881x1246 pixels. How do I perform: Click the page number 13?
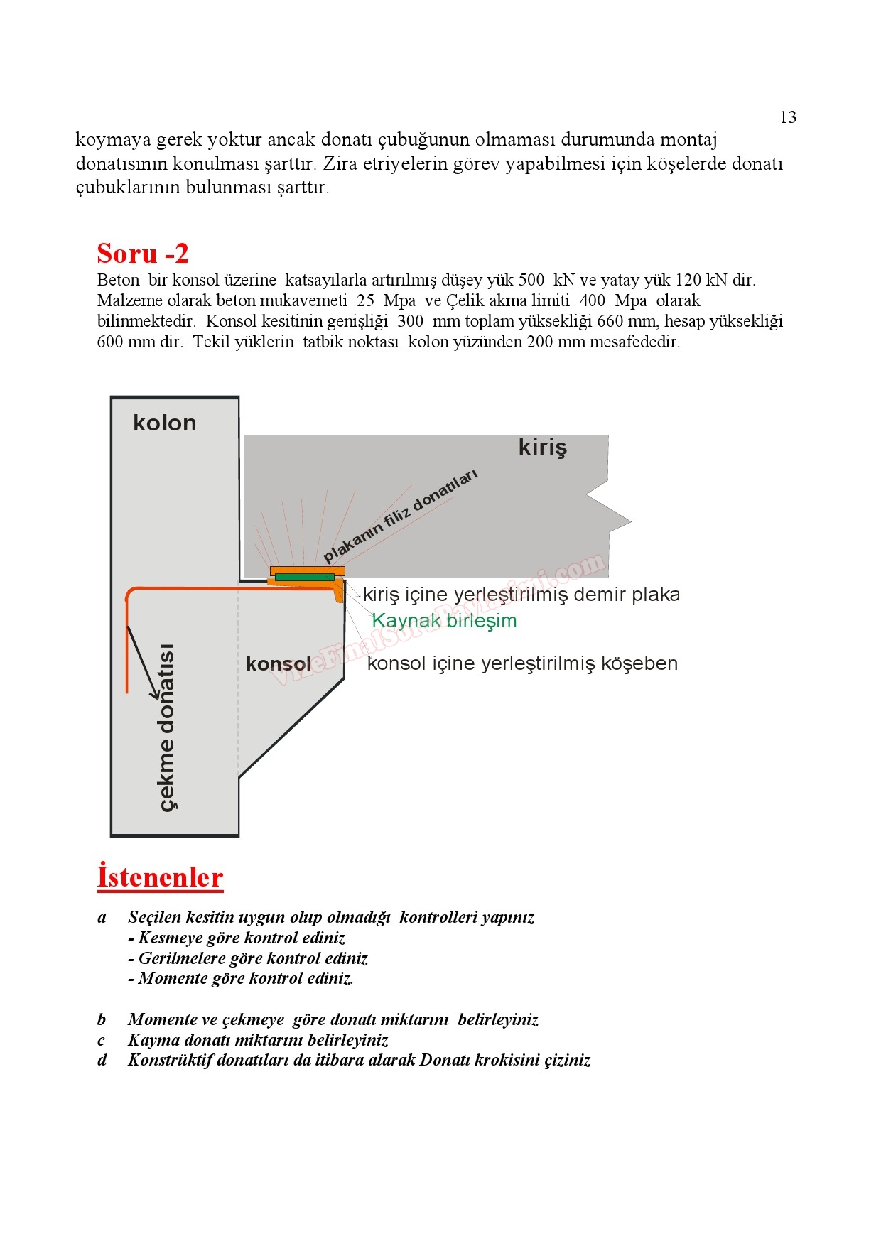click(x=788, y=117)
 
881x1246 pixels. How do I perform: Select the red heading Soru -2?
click(x=143, y=254)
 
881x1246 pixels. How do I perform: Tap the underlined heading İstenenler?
click(x=160, y=877)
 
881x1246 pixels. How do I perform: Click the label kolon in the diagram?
click(x=164, y=423)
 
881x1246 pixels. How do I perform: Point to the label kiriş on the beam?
click(x=543, y=448)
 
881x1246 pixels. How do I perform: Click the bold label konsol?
click(x=279, y=664)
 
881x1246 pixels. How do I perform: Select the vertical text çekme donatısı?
click(x=166, y=727)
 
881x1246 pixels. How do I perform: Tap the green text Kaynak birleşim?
click(x=444, y=621)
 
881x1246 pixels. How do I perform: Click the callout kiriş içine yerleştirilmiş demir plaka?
click(x=521, y=595)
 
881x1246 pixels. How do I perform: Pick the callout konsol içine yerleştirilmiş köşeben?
click(x=522, y=663)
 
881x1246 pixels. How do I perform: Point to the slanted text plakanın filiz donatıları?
click(x=401, y=516)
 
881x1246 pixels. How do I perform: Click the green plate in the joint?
click(x=305, y=577)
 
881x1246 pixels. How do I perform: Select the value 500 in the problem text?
click(x=531, y=280)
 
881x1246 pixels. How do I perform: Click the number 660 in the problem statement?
click(x=610, y=321)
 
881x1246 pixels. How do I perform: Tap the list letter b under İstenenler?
click(x=102, y=1019)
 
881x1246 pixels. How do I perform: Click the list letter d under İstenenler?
click(x=102, y=1060)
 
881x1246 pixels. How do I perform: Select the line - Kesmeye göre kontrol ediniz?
click(x=237, y=938)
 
